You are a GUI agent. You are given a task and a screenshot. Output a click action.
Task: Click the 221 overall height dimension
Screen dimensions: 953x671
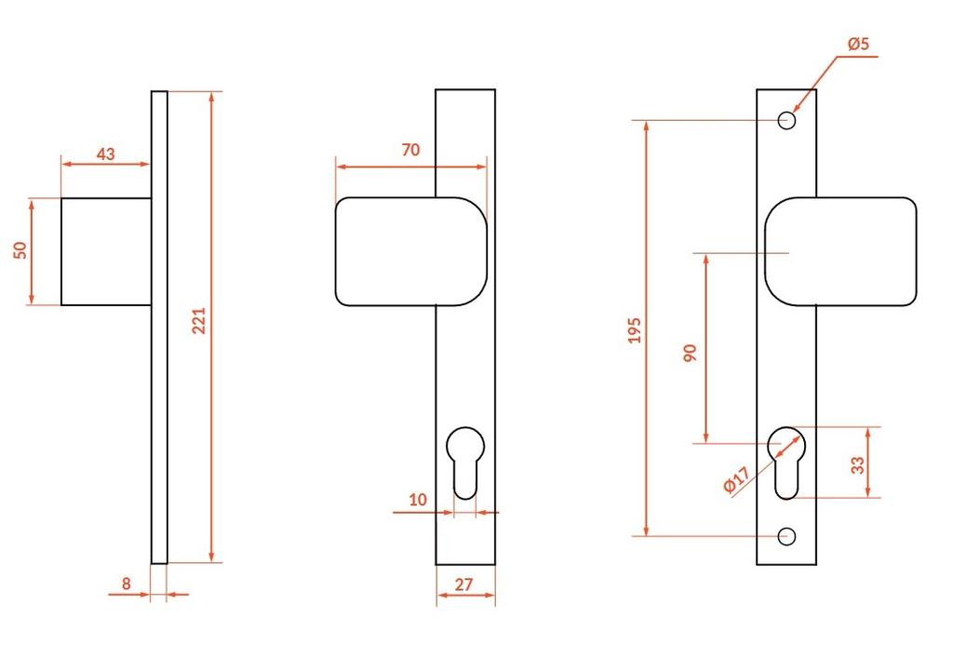click(x=199, y=321)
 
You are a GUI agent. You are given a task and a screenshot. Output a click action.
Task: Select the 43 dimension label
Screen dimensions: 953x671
click(x=106, y=154)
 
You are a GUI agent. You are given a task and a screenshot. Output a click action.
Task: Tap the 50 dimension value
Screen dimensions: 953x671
click(x=20, y=250)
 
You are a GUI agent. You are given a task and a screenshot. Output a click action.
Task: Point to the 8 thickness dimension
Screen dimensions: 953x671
click(x=126, y=584)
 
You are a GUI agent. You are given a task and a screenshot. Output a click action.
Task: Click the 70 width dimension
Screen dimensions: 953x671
click(x=410, y=150)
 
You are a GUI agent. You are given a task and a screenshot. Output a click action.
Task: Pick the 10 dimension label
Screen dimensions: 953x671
click(x=418, y=500)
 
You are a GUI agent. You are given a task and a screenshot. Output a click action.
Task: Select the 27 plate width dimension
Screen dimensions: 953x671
click(x=463, y=584)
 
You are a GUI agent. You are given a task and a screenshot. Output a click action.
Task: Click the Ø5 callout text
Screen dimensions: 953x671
click(x=859, y=44)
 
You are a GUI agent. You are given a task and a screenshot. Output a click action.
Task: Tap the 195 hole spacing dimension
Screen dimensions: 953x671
click(x=635, y=330)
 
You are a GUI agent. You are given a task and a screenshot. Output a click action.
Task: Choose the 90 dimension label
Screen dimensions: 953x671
click(x=691, y=353)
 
